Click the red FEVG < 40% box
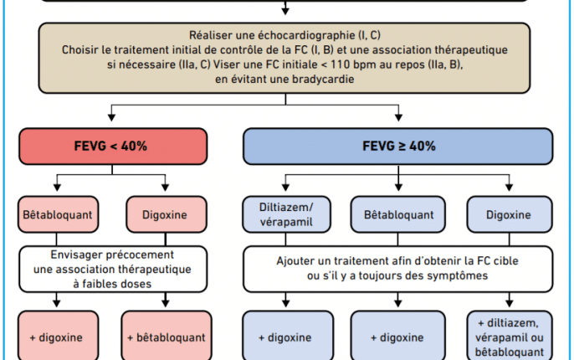coord(113,147)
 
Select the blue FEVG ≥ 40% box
coord(398,147)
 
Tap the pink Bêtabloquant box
coord(59,214)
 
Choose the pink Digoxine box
coord(167,214)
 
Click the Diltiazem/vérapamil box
coord(286,214)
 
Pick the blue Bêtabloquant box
coord(398,214)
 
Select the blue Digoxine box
coord(510,214)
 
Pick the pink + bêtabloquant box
coord(167,336)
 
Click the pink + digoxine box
coord(59,336)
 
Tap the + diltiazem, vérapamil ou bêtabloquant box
coord(510,336)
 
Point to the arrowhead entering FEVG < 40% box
coord(111,117)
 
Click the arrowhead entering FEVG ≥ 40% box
coord(398,117)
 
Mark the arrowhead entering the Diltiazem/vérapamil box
coord(286,188)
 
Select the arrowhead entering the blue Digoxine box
coord(509,188)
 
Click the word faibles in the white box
coord(100,284)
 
